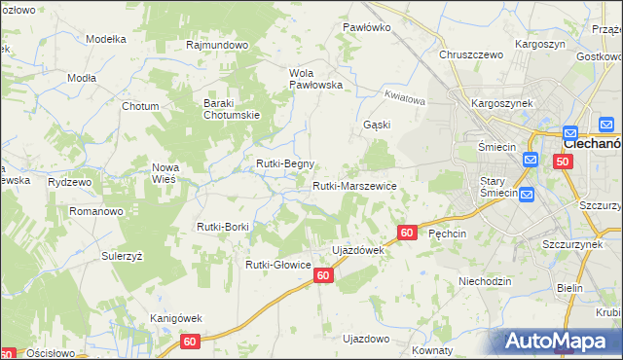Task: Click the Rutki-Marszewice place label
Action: coord(353,185)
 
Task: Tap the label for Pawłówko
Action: coord(367,27)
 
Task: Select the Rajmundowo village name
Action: coord(218,45)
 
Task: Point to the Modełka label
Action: coord(107,39)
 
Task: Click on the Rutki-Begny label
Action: coord(284,163)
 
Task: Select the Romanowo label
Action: coord(95,210)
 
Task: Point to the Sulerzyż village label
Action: coord(123,254)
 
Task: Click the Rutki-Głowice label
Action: coord(277,264)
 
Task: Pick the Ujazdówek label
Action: coord(358,250)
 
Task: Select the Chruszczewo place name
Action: coord(471,55)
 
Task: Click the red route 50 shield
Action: coord(563,162)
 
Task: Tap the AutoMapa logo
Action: coord(560,341)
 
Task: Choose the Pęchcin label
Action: coord(448,234)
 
